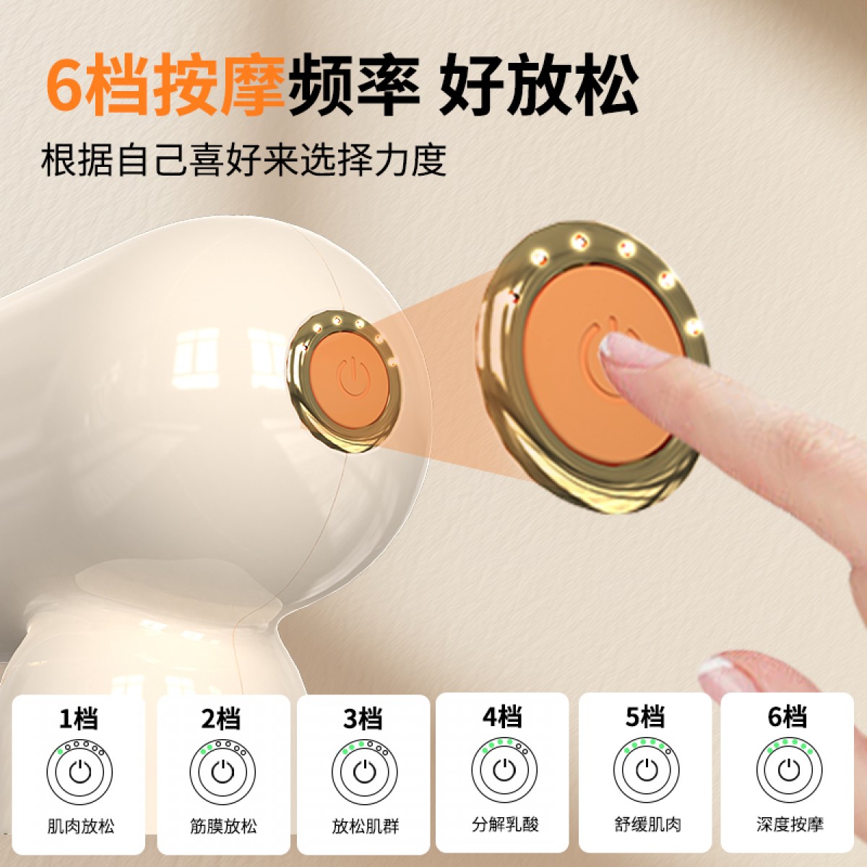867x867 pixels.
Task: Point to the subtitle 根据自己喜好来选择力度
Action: pyautogui.click(x=243, y=159)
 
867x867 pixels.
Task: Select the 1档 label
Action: pyautogui.click(x=79, y=717)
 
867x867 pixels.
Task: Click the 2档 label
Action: pyautogui.click(x=222, y=717)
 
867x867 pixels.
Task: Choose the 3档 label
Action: pyautogui.click(x=363, y=717)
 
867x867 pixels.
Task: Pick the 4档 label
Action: pyautogui.click(x=504, y=716)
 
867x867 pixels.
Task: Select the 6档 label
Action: pyautogui.click(x=788, y=716)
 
